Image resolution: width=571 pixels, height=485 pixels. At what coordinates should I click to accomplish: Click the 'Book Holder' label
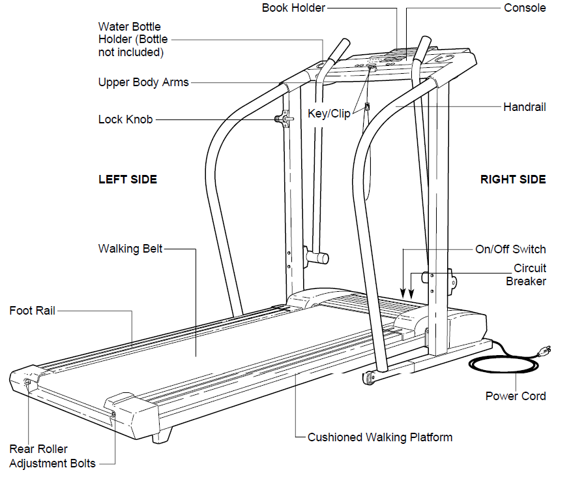pos(293,8)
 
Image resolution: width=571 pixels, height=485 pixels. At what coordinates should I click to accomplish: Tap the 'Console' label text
pos(525,8)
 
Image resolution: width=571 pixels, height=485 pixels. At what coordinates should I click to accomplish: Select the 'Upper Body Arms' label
pos(143,82)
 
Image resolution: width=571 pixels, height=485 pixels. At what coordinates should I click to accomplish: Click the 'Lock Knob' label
pos(125,119)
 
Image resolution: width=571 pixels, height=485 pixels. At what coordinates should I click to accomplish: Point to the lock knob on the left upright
pos(282,119)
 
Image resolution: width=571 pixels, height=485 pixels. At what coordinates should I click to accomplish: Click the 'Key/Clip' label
pos(329,114)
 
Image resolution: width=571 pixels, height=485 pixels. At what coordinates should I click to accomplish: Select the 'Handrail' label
pos(524,106)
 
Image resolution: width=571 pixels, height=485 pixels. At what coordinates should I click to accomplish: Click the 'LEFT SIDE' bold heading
pos(128,179)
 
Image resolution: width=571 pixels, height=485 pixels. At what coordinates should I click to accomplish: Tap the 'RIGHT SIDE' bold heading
pos(513,179)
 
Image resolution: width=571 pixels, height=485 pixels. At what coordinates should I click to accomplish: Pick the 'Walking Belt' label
pos(130,249)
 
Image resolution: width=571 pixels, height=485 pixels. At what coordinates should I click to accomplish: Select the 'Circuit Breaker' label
pos(525,275)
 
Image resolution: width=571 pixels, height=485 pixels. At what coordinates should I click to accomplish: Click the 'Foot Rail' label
pos(32,311)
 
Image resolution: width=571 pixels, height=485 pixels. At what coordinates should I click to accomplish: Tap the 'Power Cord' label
pos(516,396)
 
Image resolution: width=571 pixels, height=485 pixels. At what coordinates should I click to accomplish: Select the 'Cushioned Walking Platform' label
pos(379,437)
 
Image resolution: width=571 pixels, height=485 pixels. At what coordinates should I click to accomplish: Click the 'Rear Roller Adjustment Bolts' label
pos(52,456)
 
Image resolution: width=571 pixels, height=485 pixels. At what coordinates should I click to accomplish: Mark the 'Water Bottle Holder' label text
pos(132,39)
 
